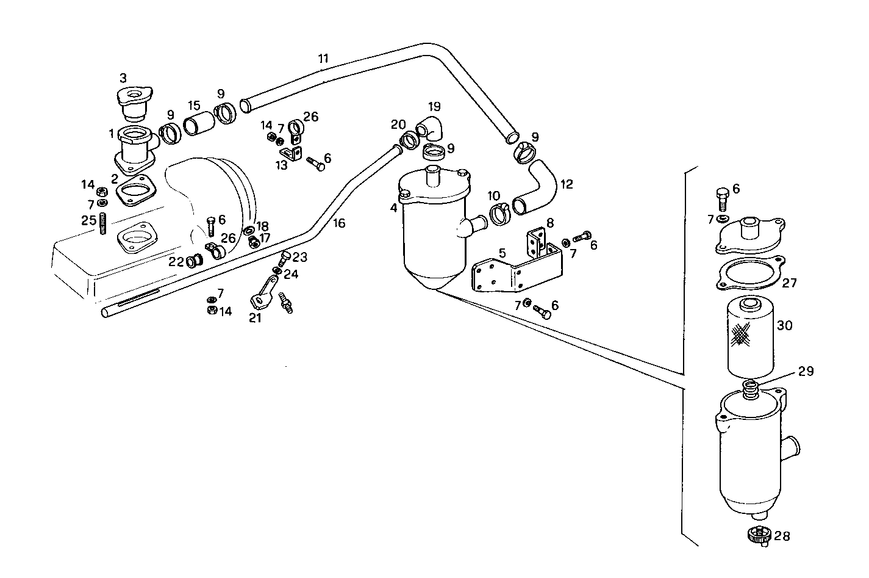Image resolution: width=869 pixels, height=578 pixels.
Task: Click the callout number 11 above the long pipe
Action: tap(323, 59)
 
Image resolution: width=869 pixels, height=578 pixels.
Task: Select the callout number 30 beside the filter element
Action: tap(784, 326)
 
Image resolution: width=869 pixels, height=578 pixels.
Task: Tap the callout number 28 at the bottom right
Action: tap(782, 536)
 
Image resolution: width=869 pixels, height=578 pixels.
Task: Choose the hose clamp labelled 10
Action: tap(499, 215)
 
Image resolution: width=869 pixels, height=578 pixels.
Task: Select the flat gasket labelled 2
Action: tap(134, 190)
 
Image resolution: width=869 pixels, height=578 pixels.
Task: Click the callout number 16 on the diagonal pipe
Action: tap(339, 223)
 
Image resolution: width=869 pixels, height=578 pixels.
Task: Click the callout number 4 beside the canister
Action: tap(394, 208)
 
